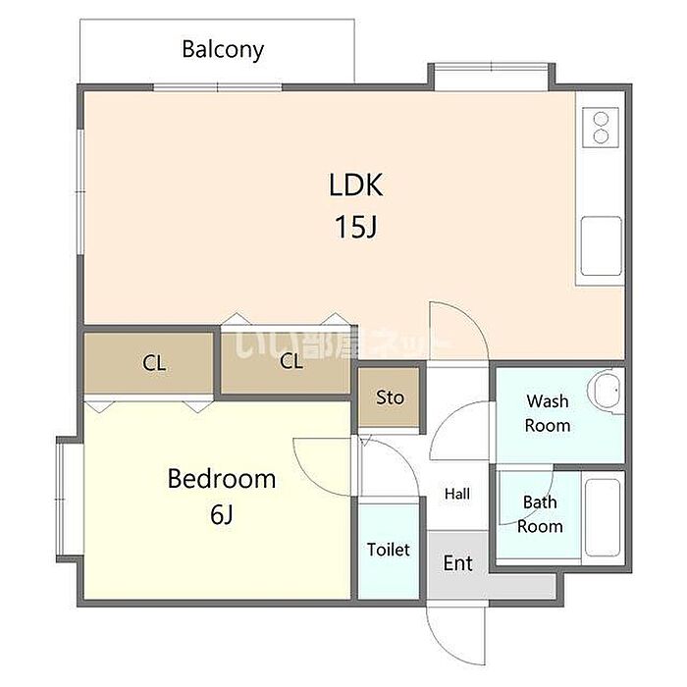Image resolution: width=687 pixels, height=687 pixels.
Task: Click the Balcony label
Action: click(223, 49)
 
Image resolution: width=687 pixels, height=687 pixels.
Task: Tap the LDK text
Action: click(355, 185)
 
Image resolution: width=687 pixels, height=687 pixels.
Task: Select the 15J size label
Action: click(355, 227)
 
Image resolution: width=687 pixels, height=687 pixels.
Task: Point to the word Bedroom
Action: click(222, 479)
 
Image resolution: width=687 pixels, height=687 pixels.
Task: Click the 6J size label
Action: click(222, 514)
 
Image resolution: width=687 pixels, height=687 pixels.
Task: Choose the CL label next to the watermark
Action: click(291, 361)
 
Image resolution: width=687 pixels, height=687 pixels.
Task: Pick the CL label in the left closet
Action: click(154, 363)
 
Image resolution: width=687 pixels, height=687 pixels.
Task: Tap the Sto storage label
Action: click(390, 397)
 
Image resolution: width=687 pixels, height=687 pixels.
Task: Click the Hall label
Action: click(457, 495)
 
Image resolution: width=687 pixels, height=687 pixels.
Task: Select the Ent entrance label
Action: click(458, 563)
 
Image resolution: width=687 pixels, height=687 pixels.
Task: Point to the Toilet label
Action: click(389, 550)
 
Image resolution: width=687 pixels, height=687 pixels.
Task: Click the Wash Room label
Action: click(548, 413)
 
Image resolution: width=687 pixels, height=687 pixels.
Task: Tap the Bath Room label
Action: click(540, 514)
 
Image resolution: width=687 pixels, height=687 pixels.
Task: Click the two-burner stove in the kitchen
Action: click(601, 128)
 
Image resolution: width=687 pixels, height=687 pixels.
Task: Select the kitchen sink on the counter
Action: click(601, 245)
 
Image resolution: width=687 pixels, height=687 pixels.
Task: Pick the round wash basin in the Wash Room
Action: click(605, 391)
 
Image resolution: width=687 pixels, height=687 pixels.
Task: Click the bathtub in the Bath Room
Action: click(603, 518)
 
